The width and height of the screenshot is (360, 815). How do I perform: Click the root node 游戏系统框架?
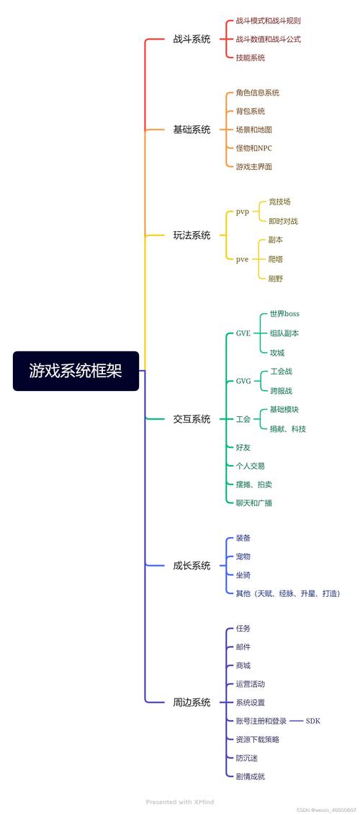[x=76, y=371]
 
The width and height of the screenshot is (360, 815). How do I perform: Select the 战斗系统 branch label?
[x=192, y=39]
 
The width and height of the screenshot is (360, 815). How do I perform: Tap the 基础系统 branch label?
[x=192, y=130]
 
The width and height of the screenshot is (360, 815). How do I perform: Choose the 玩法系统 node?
[x=192, y=235]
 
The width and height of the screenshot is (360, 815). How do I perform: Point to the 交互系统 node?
[x=192, y=418]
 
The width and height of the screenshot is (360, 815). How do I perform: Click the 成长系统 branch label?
[x=192, y=565]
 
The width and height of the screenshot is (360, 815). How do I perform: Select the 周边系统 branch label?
[x=192, y=702]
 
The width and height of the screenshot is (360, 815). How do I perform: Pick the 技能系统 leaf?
[x=250, y=58]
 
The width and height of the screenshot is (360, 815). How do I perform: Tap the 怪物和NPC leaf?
[x=253, y=148]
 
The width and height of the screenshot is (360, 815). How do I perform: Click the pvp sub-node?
[x=242, y=212]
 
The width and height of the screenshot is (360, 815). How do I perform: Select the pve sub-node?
[x=242, y=258]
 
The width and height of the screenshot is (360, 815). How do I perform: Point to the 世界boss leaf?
[x=284, y=314]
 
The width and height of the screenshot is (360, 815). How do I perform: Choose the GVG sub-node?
[x=243, y=381]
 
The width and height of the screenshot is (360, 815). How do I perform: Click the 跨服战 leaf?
[x=281, y=391]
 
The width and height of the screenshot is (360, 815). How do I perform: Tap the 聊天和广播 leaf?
[x=253, y=503]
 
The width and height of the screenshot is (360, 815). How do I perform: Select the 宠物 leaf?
[x=243, y=557]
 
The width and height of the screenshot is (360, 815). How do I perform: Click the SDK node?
[x=313, y=721]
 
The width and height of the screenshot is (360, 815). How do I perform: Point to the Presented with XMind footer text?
[x=179, y=801]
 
